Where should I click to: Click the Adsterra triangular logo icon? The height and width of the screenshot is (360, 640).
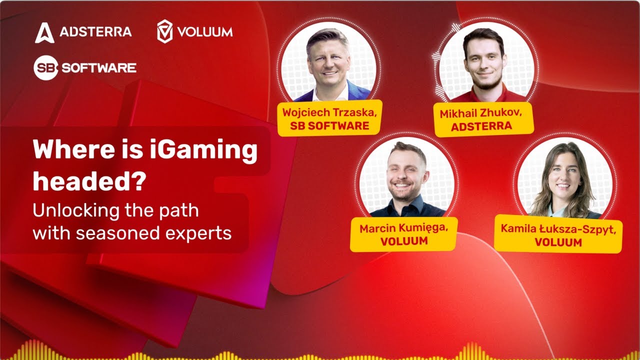pos(44,32)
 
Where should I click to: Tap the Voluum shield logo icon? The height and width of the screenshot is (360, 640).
pos(164,31)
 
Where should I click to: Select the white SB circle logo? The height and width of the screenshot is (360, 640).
pos(46,68)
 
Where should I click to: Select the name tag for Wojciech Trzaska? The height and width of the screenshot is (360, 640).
pos(329,118)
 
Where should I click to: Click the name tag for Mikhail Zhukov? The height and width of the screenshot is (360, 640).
pos(481,119)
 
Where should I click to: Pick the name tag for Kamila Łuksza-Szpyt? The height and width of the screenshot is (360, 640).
pos(558,235)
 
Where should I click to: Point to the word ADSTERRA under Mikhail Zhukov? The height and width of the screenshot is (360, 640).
pos(481,126)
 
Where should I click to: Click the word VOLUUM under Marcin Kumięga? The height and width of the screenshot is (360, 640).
pos(404,241)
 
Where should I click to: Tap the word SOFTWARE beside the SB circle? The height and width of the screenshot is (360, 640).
pos(99,68)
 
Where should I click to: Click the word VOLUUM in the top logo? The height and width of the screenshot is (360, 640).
pos(206,32)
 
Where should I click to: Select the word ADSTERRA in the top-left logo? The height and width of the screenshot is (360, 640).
pos(95,32)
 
